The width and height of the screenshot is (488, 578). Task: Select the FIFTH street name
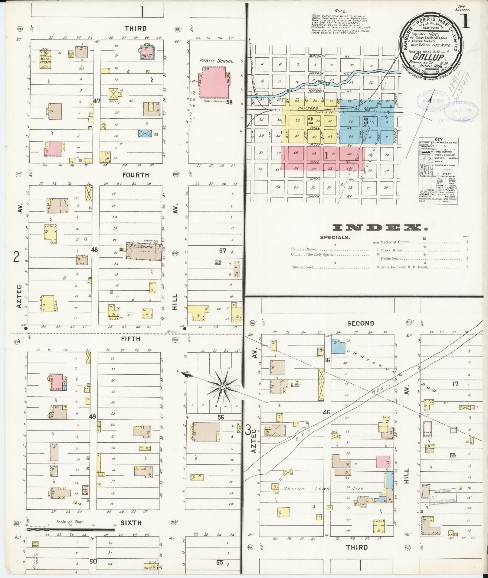coord(131,339)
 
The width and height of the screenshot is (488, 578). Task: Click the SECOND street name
coord(361,323)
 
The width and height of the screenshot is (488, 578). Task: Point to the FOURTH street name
coord(136,175)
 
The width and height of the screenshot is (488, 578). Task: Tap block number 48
coord(94,250)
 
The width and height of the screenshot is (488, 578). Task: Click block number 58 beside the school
coord(229,102)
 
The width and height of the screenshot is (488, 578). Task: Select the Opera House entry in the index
coord(391,250)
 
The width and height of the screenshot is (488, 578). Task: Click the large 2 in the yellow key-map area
coord(310,121)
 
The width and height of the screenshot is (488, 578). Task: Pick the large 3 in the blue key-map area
coord(365,121)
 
